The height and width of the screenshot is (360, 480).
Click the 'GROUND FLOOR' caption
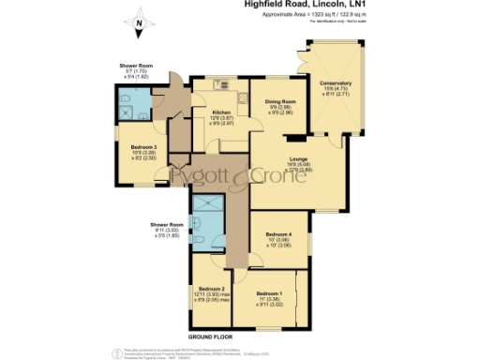(212, 335)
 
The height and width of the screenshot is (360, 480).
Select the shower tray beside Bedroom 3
(127, 117)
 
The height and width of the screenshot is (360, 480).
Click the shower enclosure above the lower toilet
(203, 203)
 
